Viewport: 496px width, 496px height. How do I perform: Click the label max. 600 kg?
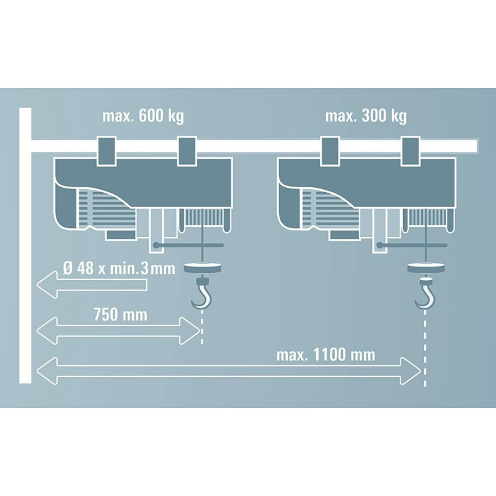143,116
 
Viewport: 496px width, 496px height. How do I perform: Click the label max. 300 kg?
366,116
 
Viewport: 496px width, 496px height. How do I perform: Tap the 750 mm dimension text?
120,315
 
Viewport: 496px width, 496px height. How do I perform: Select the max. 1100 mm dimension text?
327,355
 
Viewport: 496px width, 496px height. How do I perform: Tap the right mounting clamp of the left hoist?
188,150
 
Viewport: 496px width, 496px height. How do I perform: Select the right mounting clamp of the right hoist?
412,150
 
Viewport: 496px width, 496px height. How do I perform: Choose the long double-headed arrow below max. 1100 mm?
229,371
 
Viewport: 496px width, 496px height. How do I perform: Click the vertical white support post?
25,248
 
